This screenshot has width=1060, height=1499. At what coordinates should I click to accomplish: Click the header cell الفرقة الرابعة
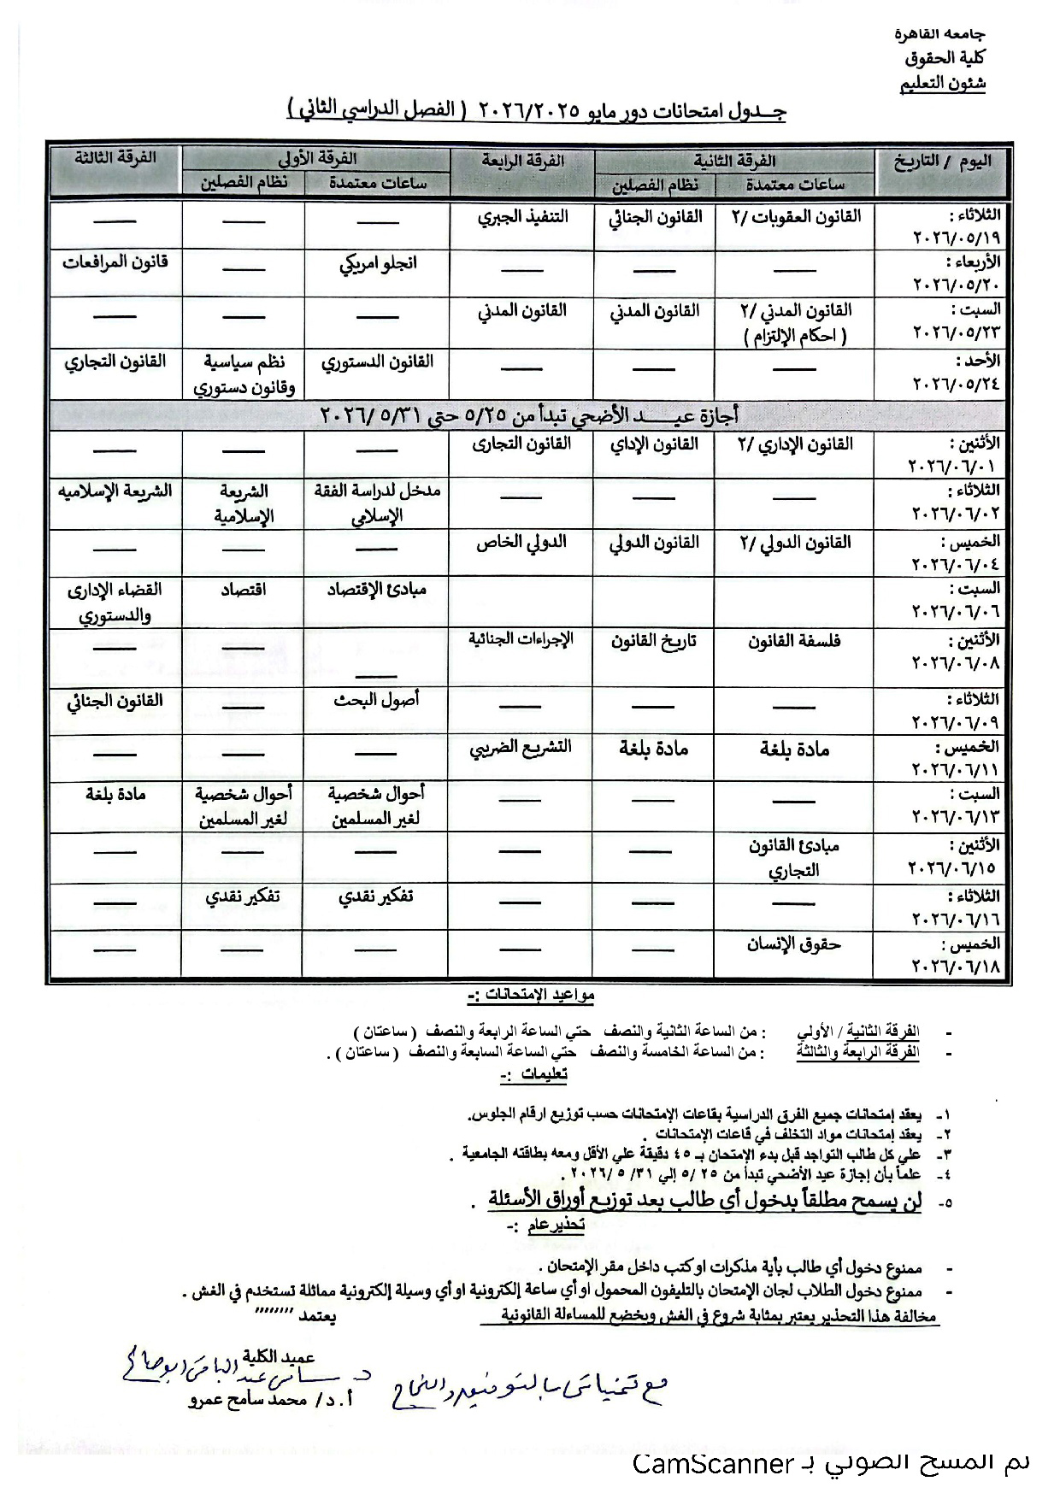pyautogui.click(x=522, y=161)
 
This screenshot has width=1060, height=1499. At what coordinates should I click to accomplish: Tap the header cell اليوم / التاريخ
pyautogui.click(x=942, y=162)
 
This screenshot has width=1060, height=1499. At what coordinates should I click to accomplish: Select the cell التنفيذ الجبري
pyautogui.click(x=522, y=217)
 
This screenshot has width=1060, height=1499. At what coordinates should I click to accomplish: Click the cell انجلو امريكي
pyautogui.click(x=377, y=263)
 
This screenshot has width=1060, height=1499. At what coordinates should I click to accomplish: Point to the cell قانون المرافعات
pyautogui.click(x=115, y=262)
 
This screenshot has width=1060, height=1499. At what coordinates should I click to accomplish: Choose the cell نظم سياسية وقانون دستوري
pyautogui.click(x=244, y=374)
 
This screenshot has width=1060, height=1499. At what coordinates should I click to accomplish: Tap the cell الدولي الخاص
pyautogui.click(x=521, y=543)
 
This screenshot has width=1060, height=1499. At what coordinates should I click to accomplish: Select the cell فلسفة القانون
pyautogui.click(x=794, y=641)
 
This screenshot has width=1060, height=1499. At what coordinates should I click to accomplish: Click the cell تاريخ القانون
pyautogui.click(x=654, y=641)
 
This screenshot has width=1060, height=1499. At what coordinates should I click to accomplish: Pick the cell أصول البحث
pyautogui.click(x=377, y=700)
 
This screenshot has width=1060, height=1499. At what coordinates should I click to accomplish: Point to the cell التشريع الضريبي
pyautogui.click(x=521, y=748)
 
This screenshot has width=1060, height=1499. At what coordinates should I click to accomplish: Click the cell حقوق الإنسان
pyautogui.click(x=794, y=944)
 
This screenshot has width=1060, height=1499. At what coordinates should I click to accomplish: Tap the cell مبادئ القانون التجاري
pyautogui.click(x=794, y=858)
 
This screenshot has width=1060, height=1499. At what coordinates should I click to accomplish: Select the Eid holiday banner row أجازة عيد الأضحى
pyautogui.click(x=530, y=416)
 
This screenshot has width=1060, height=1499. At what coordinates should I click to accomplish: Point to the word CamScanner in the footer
pyautogui.click(x=713, y=1465)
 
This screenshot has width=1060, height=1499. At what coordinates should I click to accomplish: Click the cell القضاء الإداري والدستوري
pyautogui.click(x=115, y=602)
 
